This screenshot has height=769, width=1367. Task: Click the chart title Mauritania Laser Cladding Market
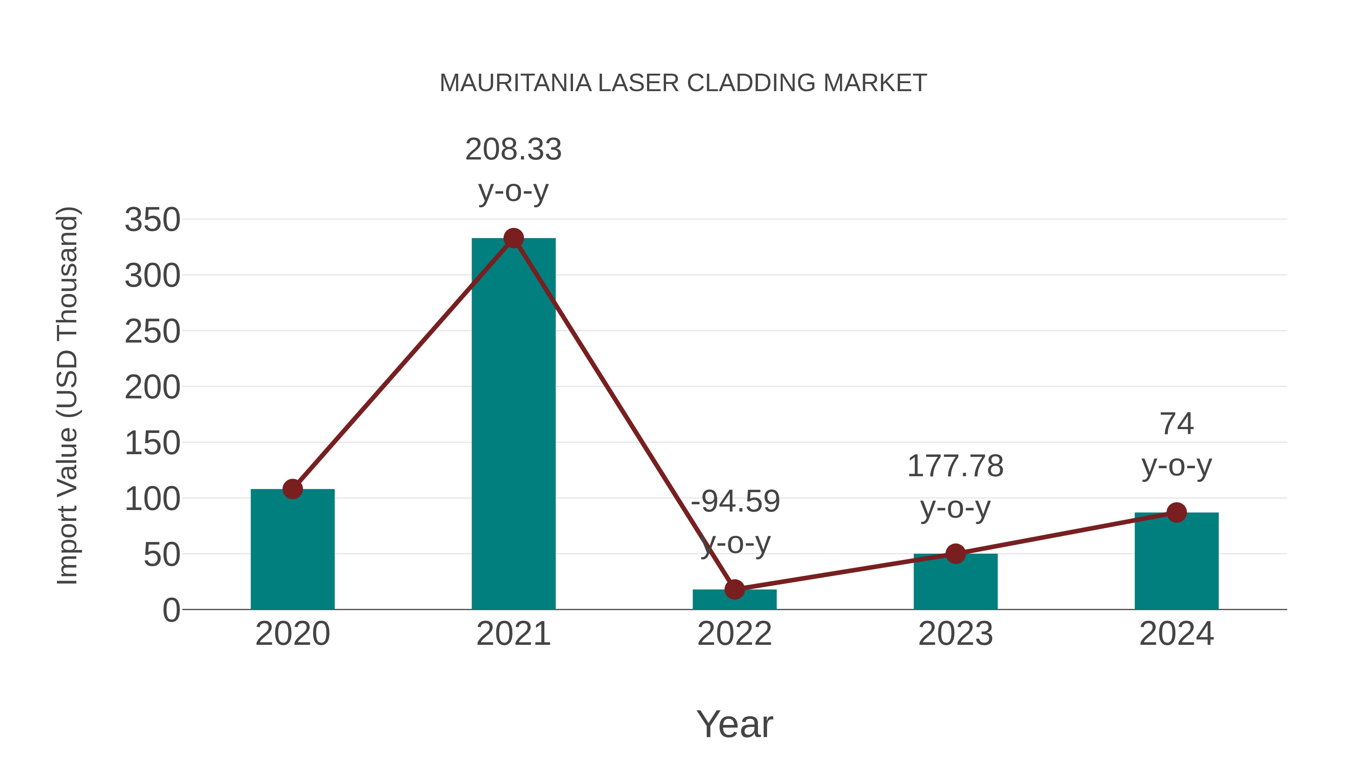683,83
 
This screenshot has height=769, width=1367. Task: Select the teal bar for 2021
513,425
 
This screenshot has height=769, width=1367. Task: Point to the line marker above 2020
292,489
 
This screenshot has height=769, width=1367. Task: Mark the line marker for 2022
734,589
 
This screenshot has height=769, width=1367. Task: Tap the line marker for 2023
955,554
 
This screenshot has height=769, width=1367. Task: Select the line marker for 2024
1176,512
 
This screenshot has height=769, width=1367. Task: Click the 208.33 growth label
513,149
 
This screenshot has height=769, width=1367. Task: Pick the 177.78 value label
955,466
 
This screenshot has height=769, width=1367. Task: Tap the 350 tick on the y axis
152,220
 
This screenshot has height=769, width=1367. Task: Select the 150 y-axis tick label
152,443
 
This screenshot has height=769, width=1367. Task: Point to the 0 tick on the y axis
171,610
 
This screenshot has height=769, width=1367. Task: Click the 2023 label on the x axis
955,634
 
